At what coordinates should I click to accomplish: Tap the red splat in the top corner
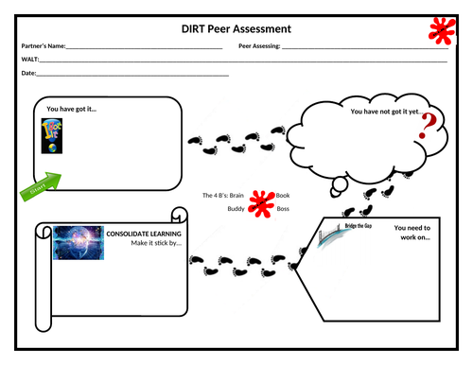click(x=440, y=30)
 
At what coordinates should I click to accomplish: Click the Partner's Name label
click(x=44, y=45)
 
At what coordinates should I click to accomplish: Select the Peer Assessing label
click(x=259, y=45)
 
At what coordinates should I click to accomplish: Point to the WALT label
click(x=29, y=59)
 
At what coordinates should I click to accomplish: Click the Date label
click(x=28, y=73)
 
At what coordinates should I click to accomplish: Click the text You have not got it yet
click(x=385, y=112)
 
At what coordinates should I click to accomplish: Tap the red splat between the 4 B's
click(x=260, y=201)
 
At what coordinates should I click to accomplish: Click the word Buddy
click(x=236, y=208)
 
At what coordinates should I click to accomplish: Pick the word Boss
click(x=282, y=208)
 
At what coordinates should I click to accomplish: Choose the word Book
click(x=282, y=195)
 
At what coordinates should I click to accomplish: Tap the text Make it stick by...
click(x=156, y=243)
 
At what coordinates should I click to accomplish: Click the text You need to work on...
click(x=412, y=233)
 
